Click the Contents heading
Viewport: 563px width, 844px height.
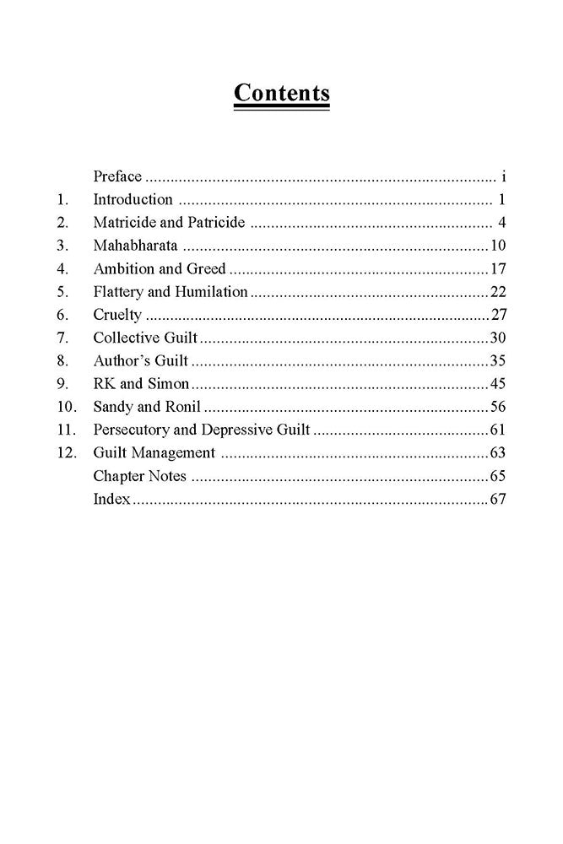click(281, 93)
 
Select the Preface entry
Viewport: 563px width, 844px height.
click(116, 177)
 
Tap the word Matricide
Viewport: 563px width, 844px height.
click(123, 224)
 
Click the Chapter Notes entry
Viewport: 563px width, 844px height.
click(139, 476)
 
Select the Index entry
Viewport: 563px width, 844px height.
click(111, 499)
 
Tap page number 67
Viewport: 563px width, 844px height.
click(496, 499)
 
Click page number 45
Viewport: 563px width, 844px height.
click(496, 384)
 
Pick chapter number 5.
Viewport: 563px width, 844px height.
click(61, 292)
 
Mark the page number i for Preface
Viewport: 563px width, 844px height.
click(502, 177)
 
